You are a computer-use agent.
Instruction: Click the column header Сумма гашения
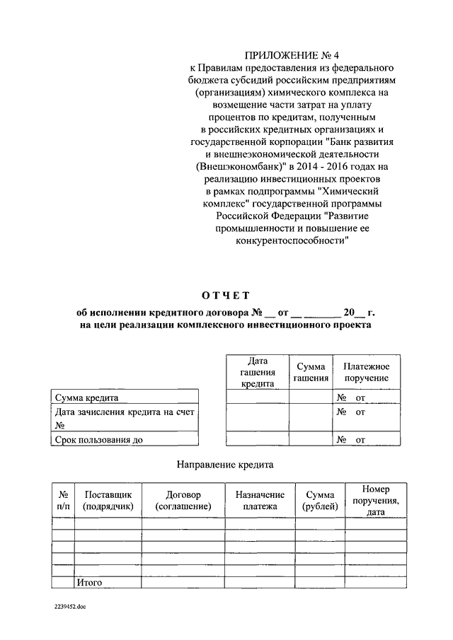tap(311, 372)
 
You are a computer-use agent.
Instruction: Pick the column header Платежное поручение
tap(367, 372)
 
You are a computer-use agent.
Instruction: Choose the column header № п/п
tap(63, 500)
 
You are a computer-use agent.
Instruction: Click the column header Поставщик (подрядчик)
tap(108, 500)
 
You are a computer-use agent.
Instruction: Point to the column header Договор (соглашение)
tap(183, 500)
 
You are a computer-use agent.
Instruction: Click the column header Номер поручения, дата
tap(375, 500)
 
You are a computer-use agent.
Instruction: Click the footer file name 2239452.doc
tap(69, 607)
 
